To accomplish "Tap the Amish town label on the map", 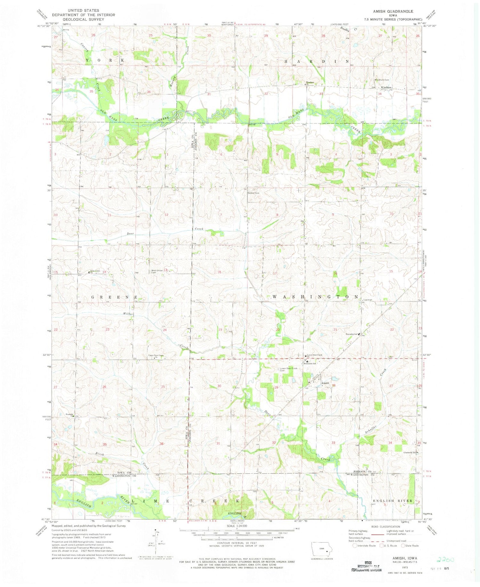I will (x=325, y=383).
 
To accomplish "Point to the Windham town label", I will (x=386, y=87).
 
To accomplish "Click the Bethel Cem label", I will (x=253, y=193).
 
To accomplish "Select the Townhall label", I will (x=368, y=300).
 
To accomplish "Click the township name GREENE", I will (x=115, y=297).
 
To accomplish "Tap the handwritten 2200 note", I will (x=445, y=560).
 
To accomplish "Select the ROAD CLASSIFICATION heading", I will (x=386, y=526).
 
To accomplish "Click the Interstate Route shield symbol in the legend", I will (x=355, y=546).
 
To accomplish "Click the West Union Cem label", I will (x=157, y=271).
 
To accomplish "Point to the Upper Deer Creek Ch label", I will (x=156, y=355).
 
